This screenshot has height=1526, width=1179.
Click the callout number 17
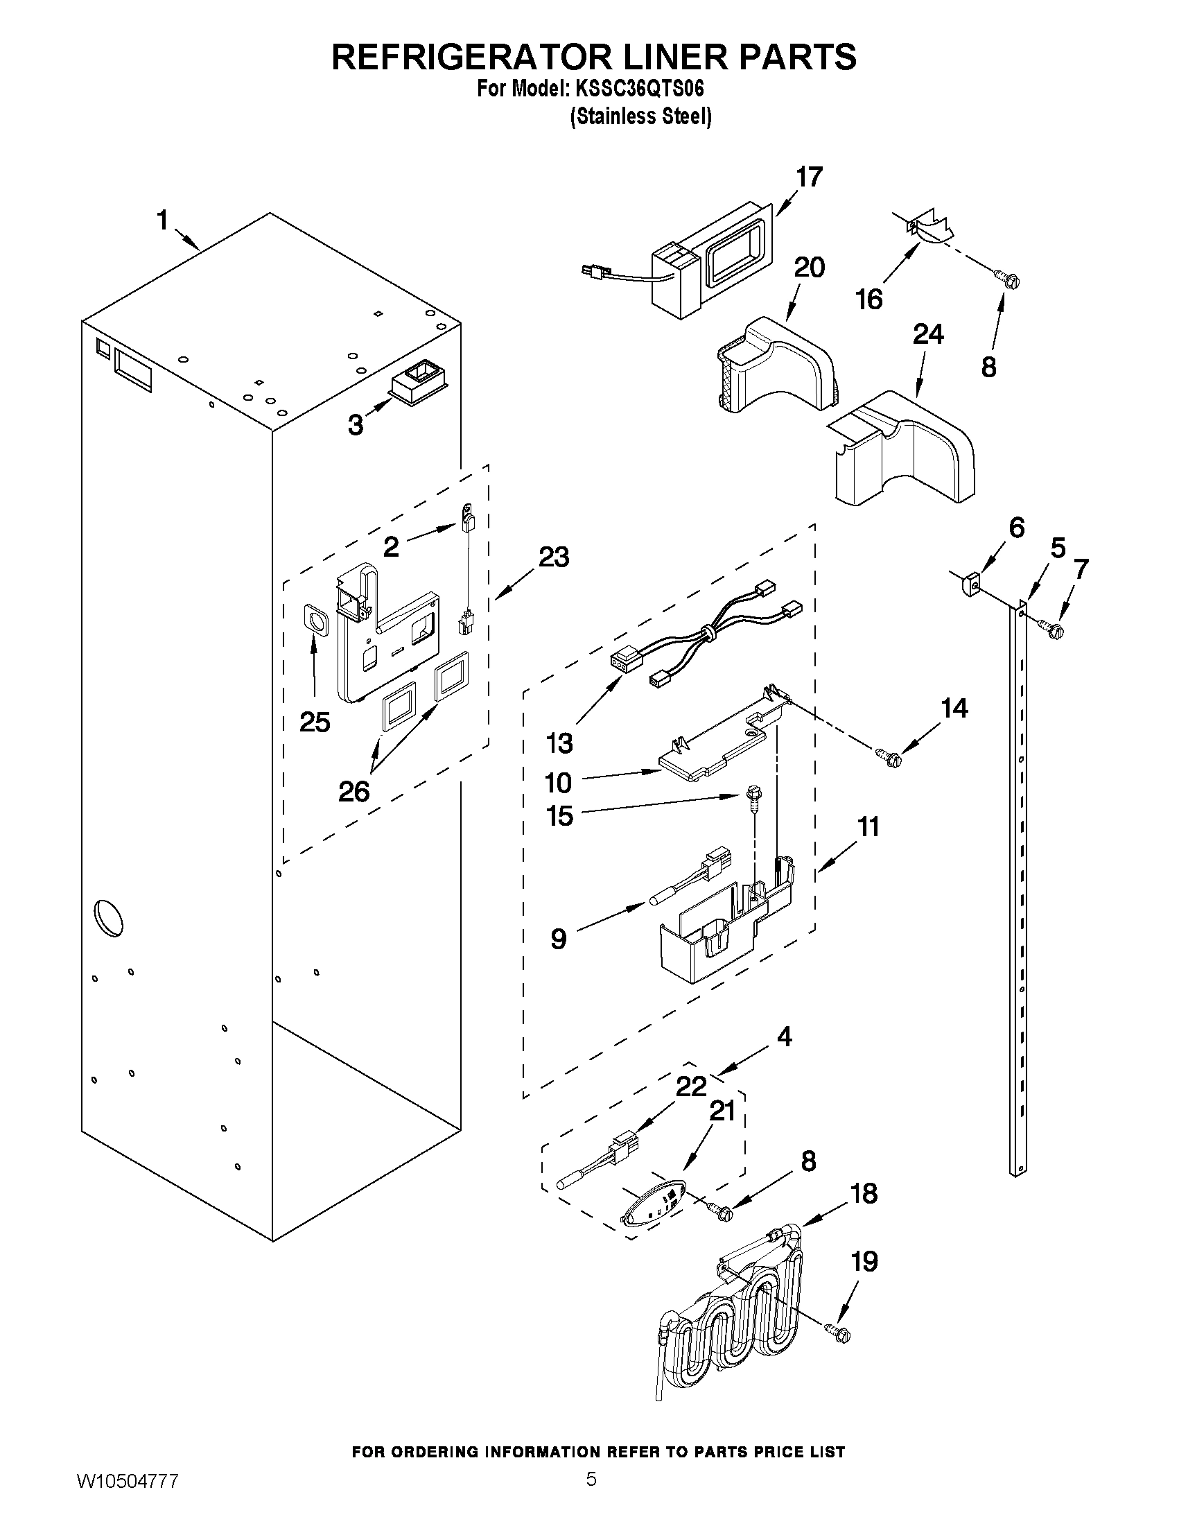pyautogui.click(x=810, y=177)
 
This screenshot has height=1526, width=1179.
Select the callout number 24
pyautogui.click(x=928, y=334)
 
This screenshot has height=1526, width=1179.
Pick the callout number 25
pyautogui.click(x=314, y=722)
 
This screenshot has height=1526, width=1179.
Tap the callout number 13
pyautogui.click(x=559, y=743)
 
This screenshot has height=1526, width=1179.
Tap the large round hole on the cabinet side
pyautogui.click(x=108, y=919)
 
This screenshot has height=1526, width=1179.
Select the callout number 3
pyautogui.click(x=356, y=424)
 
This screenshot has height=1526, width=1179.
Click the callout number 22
pyautogui.click(x=691, y=1086)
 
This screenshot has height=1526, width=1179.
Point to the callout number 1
pyautogui.click(x=162, y=220)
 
